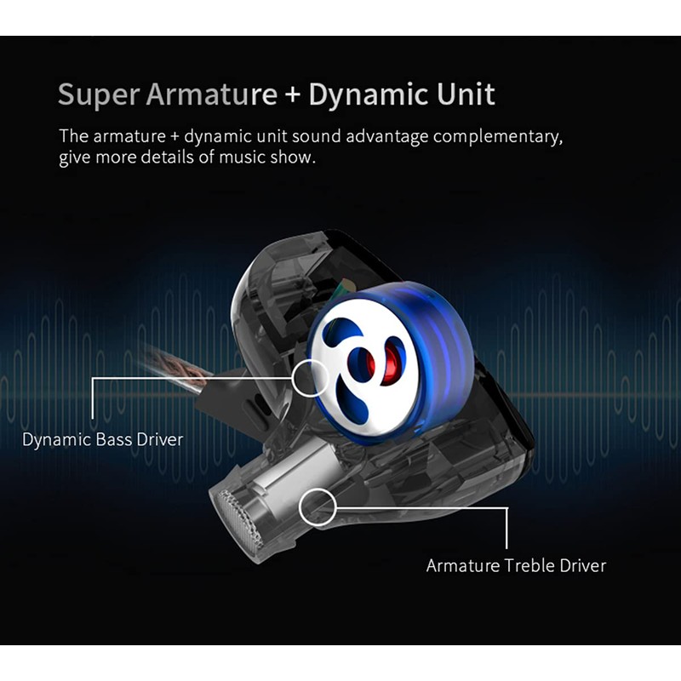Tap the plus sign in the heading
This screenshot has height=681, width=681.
pos(293,94)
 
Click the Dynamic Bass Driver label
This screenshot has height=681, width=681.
pos(102,440)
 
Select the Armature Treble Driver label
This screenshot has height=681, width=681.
pos(516,566)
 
